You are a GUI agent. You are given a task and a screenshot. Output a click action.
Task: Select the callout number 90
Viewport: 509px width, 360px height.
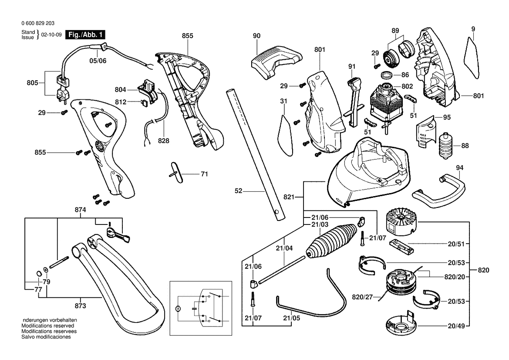pyautogui.click(x=256, y=35)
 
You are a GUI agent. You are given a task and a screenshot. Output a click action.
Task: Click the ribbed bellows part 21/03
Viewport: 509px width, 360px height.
pyautogui.click(x=326, y=241)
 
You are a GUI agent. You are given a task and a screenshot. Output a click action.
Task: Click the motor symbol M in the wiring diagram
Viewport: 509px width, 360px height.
pyautogui.click(x=177, y=308)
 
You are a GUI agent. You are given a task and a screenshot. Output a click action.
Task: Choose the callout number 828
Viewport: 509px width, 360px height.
pyautogui.click(x=164, y=141)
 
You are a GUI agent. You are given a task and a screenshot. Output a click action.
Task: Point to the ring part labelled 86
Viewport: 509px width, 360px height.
pyautogui.click(x=385, y=75)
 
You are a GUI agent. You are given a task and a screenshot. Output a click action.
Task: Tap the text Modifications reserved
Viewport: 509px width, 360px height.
pyautogui.click(x=47, y=326)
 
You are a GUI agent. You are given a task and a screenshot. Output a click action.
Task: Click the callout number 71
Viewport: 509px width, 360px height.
pyautogui.click(x=204, y=174)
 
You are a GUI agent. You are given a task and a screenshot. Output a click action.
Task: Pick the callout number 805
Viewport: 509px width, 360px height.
pyautogui.click(x=33, y=82)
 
